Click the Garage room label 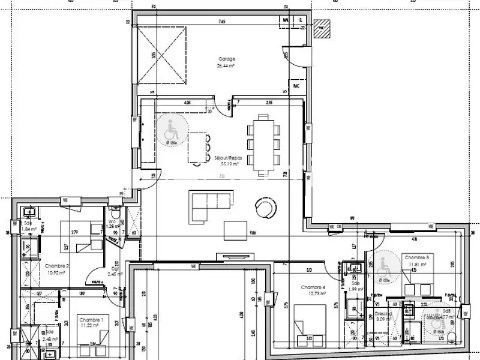[x=227, y=59]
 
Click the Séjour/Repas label [x=227, y=158]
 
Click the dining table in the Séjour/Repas [x=265, y=145]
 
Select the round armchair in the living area [x=263, y=208]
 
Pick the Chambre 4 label [x=313, y=287]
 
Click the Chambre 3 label [x=415, y=257]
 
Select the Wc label [x=112, y=221]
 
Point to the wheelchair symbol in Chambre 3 [x=380, y=268]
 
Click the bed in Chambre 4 [x=310, y=324]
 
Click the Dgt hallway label [x=115, y=270]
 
